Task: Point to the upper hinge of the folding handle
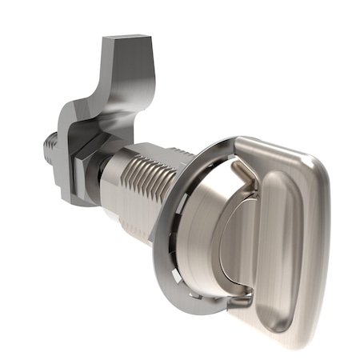240,168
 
